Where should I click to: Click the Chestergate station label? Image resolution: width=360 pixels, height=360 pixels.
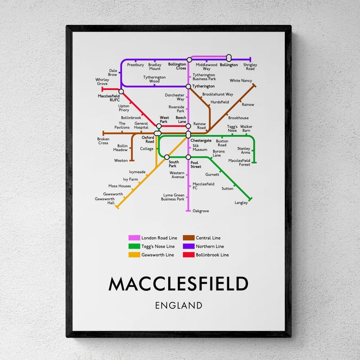(201, 141)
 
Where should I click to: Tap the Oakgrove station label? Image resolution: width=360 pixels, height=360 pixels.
(200, 211)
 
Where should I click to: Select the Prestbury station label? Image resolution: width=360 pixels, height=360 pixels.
(135, 65)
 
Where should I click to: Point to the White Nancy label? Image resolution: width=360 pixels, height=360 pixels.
(241, 81)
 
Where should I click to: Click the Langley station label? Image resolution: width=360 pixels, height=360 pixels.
(241, 202)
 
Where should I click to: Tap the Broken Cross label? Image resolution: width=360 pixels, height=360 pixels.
(103, 141)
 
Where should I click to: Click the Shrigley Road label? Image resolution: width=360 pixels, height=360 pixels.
(250, 67)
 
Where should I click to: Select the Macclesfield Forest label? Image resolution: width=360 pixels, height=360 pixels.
(239, 162)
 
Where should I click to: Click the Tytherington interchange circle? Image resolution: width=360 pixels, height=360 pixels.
(189, 86)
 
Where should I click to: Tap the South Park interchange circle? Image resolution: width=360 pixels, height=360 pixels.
(166, 157)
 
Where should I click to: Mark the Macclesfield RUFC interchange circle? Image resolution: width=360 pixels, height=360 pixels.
(121, 91)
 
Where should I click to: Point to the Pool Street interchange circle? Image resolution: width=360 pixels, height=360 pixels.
(189, 157)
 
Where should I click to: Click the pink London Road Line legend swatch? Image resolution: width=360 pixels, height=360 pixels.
(134, 238)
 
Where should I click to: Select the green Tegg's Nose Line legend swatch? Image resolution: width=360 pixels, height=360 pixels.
(134, 246)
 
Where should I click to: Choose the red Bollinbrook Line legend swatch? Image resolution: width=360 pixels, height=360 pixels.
(188, 255)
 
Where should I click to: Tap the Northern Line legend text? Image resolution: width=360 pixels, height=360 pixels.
(210, 246)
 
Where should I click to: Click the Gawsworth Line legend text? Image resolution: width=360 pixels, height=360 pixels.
(157, 255)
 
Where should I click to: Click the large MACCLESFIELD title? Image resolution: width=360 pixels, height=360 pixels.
(179, 284)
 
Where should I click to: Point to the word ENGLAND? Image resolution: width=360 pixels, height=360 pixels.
(179, 306)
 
